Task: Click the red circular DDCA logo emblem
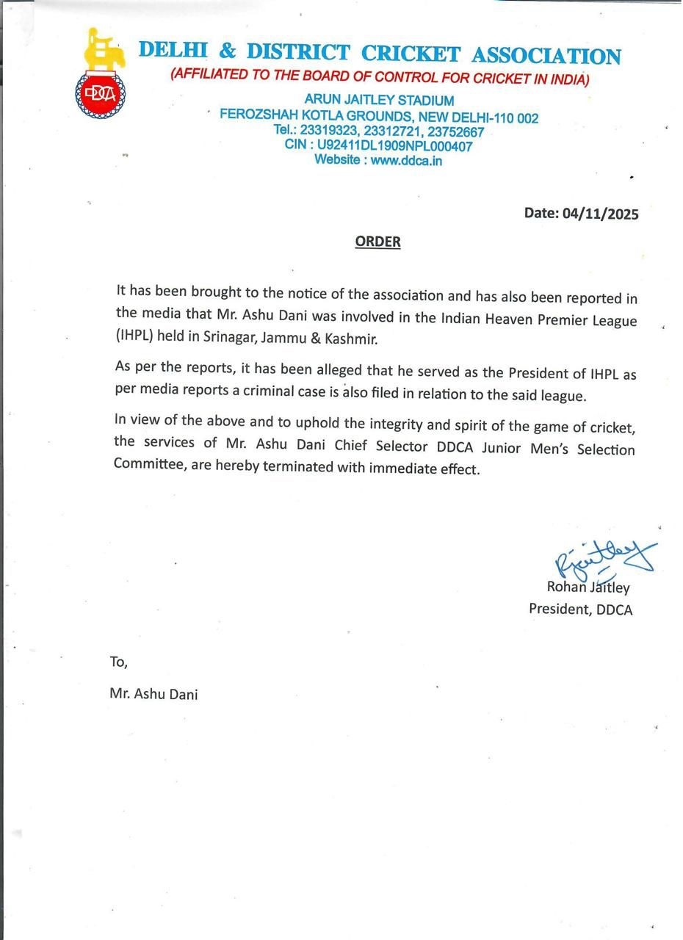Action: point(100,93)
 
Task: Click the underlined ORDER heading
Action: point(378,242)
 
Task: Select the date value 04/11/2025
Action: point(601,214)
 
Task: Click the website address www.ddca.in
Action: point(406,159)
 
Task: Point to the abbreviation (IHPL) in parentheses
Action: point(137,339)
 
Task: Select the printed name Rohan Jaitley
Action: point(588,587)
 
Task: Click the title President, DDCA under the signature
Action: point(580,609)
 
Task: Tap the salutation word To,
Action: point(119,662)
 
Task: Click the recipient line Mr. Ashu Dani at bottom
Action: point(153,693)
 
